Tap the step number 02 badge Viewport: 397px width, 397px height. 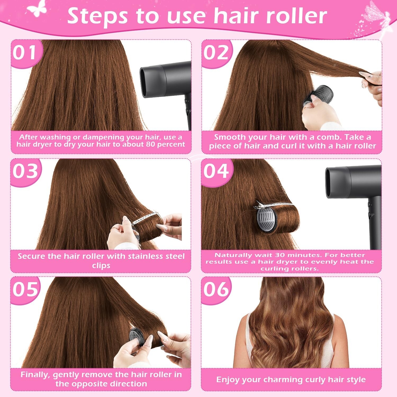(216, 53)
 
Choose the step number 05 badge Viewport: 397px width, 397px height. (26, 290)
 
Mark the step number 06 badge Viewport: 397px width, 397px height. (216, 290)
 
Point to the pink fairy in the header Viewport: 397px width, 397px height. (377, 19)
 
